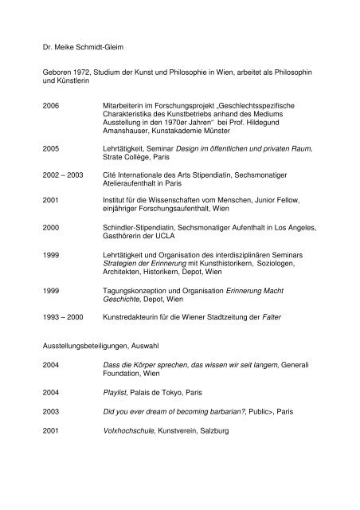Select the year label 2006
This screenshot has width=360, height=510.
click(x=52, y=104)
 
